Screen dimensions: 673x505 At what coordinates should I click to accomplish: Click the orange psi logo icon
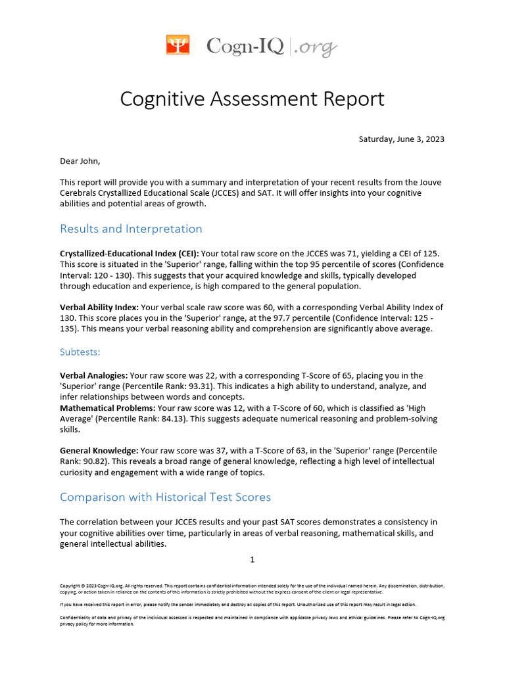tap(178, 45)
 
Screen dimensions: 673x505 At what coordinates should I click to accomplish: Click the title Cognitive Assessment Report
tap(252, 99)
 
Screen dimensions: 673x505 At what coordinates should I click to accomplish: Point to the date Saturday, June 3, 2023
tap(401, 139)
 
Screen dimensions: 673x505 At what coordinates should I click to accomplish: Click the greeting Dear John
tap(81, 160)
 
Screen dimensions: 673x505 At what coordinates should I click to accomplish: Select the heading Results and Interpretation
tap(131, 229)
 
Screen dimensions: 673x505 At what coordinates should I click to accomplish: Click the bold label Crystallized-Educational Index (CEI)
tap(129, 254)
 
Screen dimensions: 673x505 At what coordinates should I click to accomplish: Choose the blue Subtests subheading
tap(80, 352)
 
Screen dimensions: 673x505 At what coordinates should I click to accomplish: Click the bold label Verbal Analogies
tap(94, 376)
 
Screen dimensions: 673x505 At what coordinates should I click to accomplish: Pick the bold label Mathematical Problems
tap(107, 408)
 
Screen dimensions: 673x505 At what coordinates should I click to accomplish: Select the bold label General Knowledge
tap(99, 451)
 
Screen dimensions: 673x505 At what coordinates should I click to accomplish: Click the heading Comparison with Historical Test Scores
tap(165, 497)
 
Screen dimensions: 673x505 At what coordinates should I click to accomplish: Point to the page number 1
tap(252, 560)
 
